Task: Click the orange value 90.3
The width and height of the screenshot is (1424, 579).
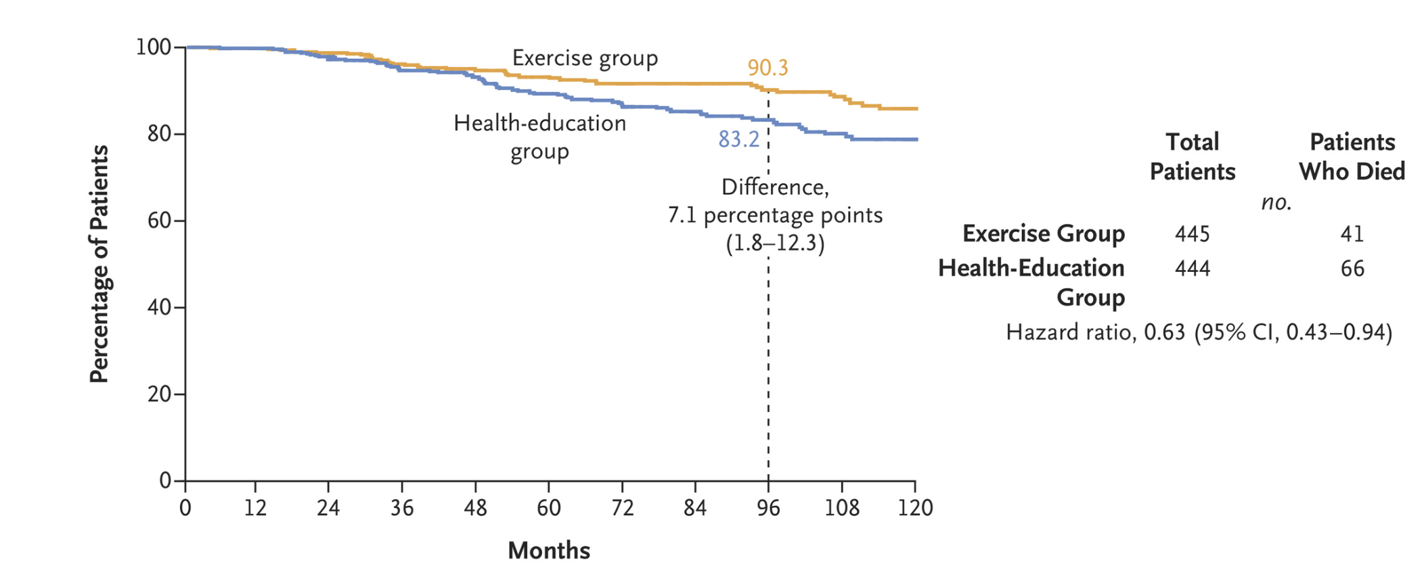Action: (x=767, y=68)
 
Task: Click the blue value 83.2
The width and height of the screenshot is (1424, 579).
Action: (x=738, y=139)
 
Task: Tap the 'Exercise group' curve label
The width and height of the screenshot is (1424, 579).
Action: (x=585, y=58)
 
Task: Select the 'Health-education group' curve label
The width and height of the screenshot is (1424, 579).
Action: (x=539, y=137)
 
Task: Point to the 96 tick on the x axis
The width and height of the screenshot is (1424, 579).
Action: (x=768, y=508)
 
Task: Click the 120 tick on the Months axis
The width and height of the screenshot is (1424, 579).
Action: (x=915, y=508)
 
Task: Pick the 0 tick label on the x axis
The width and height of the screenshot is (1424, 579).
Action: (x=185, y=508)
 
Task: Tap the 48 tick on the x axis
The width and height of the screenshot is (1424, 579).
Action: (x=475, y=508)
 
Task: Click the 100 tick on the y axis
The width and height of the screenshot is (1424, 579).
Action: (x=153, y=47)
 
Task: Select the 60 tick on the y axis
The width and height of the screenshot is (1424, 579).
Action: (x=159, y=221)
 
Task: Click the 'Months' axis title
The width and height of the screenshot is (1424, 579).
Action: (x=549, y=551)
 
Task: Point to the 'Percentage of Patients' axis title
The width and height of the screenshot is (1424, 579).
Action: (x=99, y=264)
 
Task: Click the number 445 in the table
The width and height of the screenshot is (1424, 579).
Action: (x=1192, y=234)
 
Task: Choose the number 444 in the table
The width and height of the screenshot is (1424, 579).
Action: (x=1192, y=269)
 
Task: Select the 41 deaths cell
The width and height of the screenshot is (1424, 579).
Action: (x=1352, y=234)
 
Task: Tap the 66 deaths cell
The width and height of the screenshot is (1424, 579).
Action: (x=1352, y=269)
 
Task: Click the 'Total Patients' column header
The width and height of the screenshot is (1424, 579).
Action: (x=1192, y=156)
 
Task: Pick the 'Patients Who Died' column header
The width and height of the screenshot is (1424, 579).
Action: (x=1352, y=156)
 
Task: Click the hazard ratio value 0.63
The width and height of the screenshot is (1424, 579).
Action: (x=1164, y=332)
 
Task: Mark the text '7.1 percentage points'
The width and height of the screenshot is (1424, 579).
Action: (x=775, y=215)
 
